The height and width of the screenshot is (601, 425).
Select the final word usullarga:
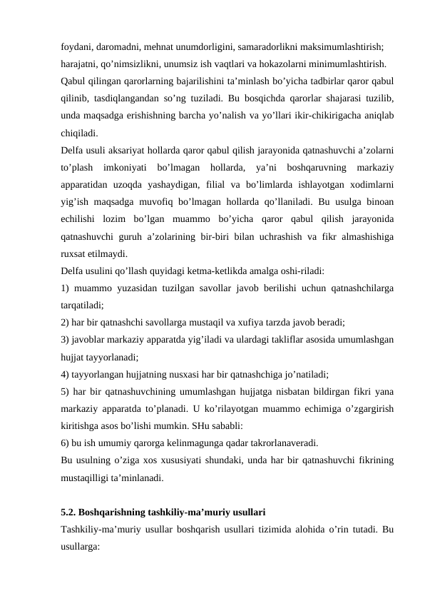tap(80, 547)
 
